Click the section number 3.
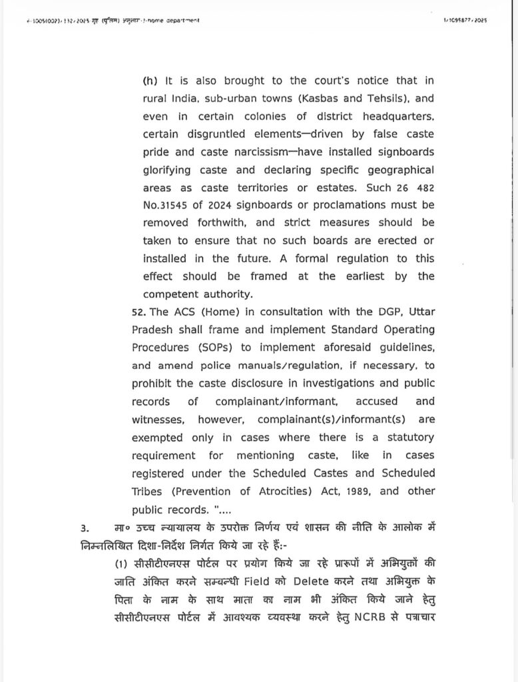point(84,528)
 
